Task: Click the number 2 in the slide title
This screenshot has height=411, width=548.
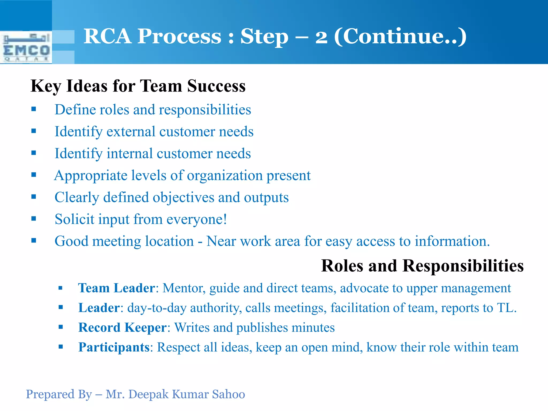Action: click(x=321, y=37)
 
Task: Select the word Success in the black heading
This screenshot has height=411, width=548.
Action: click(x=216, y=86)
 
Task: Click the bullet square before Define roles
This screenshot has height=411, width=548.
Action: click(x=33, y=109)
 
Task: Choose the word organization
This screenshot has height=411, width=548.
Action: click(x=225, y=176)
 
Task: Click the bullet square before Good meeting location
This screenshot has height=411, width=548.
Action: click(x=33, y=240)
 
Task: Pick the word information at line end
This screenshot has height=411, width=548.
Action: click(x=452, y=241)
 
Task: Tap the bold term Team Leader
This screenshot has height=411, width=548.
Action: click(x=117, y=288)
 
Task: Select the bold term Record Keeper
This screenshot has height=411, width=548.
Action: click(x=123, y=328)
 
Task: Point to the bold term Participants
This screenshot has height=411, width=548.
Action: click(x=114, y=347)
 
